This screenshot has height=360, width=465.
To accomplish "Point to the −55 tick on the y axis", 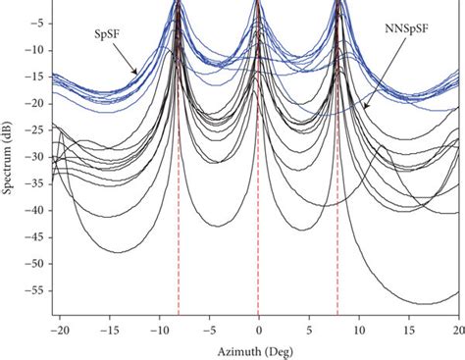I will pos(35,290).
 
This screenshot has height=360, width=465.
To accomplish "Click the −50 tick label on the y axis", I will pos(35,264).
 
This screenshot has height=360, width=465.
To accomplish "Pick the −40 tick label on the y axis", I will pos(35,210).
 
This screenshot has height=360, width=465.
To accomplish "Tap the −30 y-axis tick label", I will pos(35,157).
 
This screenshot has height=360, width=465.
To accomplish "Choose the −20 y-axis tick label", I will pos(35,103).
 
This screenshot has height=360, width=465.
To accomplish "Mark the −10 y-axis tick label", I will pos(35,50).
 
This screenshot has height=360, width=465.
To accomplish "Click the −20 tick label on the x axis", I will pos(58,330).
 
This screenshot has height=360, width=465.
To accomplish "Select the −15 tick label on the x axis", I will pos(108,330).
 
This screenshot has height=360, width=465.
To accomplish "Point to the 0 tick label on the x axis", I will pos(258,330).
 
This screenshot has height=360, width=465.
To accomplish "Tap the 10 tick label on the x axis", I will pos(358,330).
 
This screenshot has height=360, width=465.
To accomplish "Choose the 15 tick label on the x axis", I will pos(408,330).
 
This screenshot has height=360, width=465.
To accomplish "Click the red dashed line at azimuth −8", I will pos(178,245).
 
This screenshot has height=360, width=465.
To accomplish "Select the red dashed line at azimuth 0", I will pos(258,245).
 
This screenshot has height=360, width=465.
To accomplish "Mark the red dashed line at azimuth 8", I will pos(338,245).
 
